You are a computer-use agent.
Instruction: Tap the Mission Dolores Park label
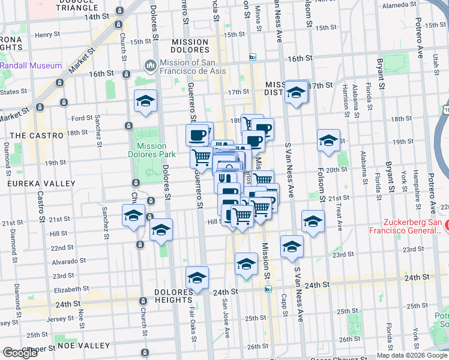[151, 150]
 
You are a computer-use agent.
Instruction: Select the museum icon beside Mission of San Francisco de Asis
[149, 64]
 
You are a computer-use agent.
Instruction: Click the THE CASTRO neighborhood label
[37, 136]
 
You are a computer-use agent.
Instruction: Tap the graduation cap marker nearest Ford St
[145, 103]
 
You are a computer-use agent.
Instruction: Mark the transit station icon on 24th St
[268, 289]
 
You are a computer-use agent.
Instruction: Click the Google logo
[20, 353]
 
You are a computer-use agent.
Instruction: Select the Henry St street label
[45, 35]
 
